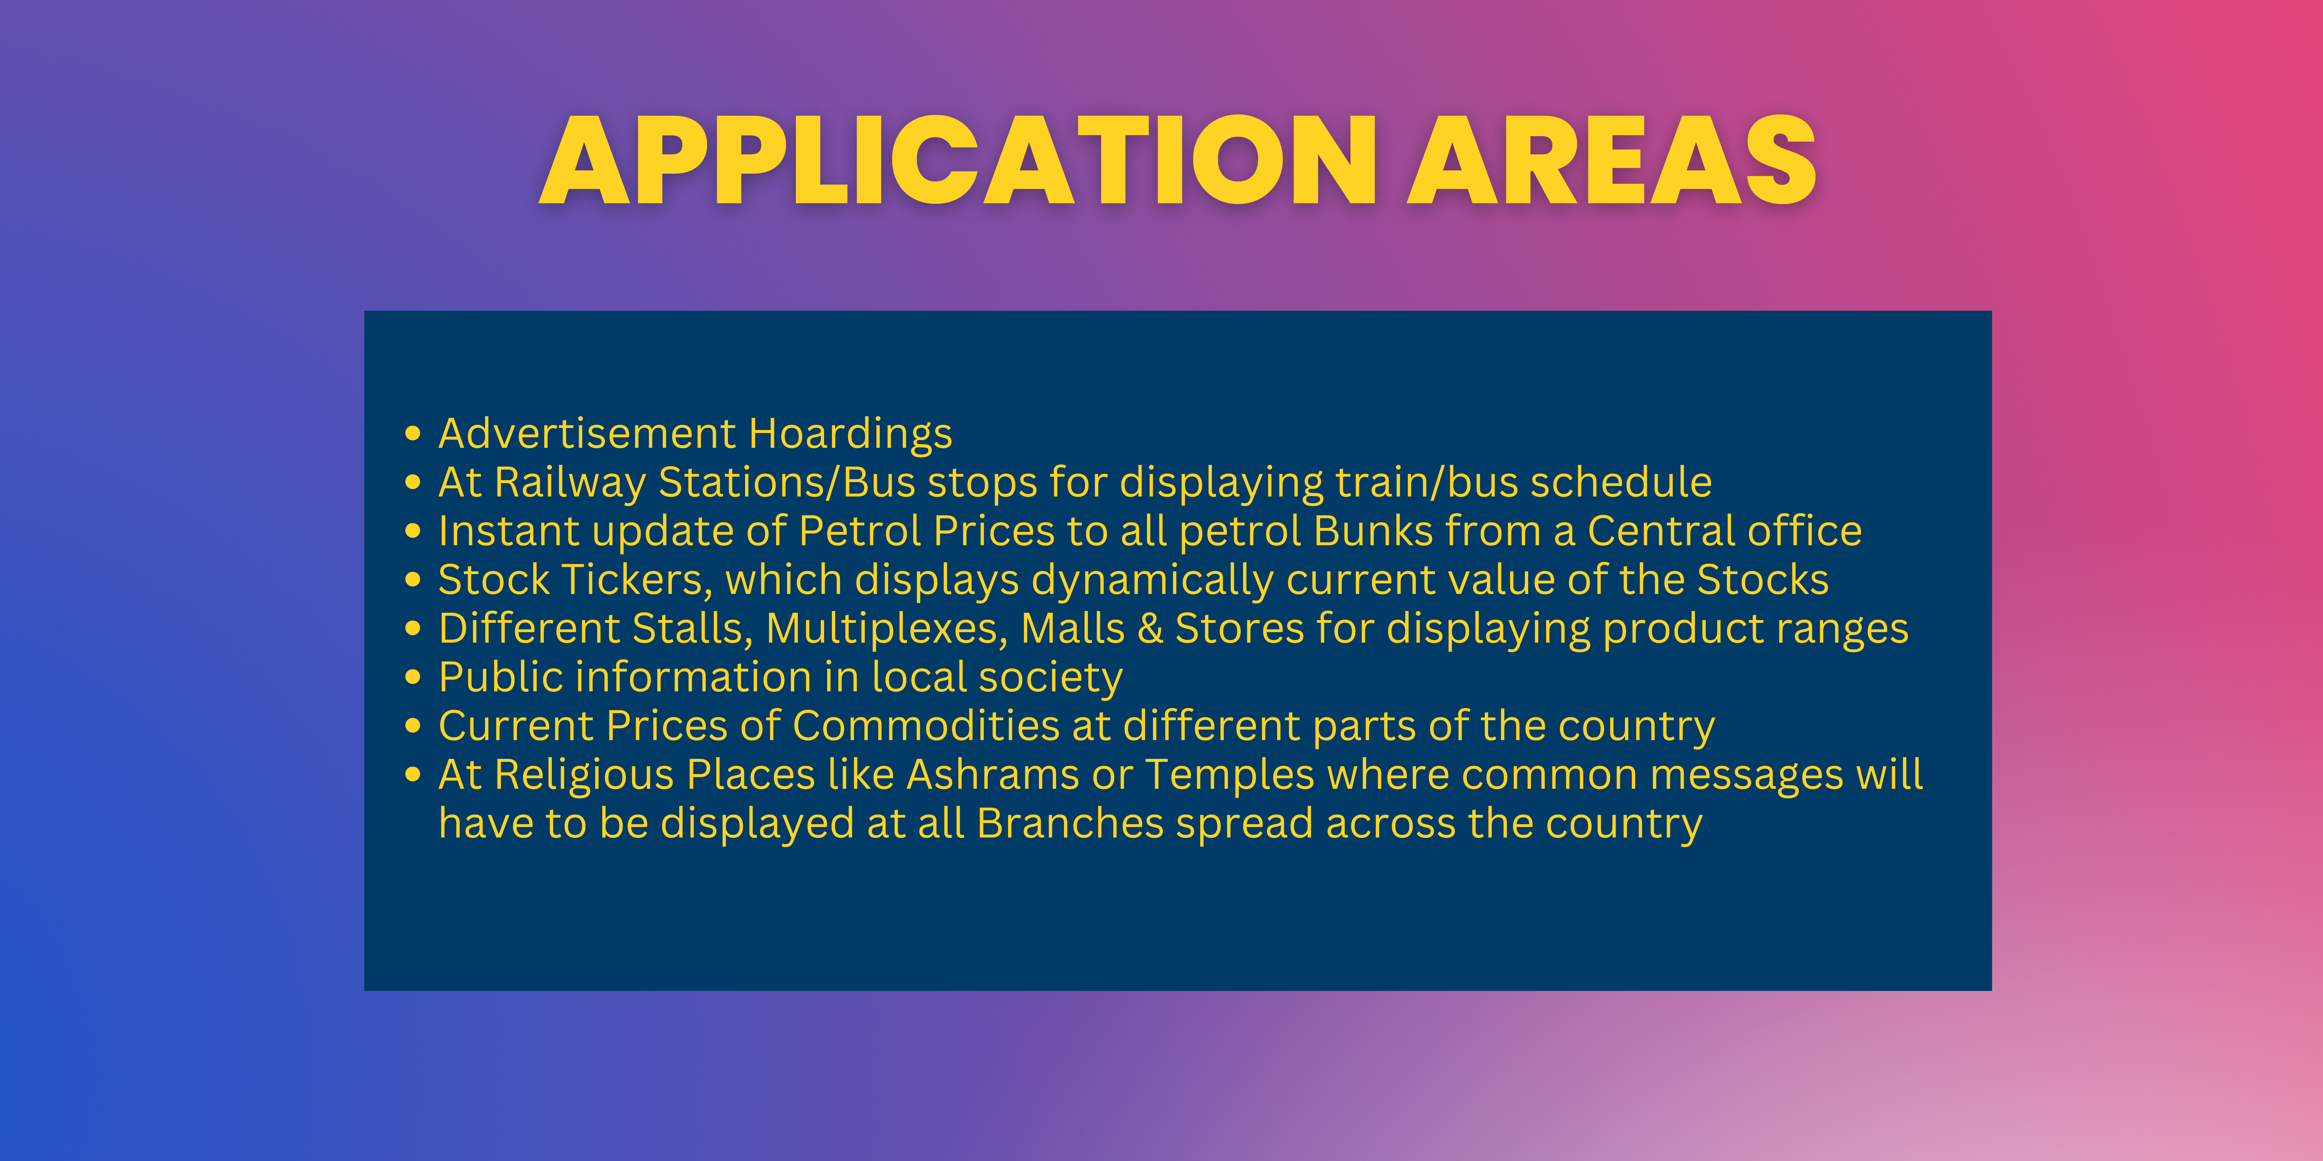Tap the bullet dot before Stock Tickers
[x=413, y=579]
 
